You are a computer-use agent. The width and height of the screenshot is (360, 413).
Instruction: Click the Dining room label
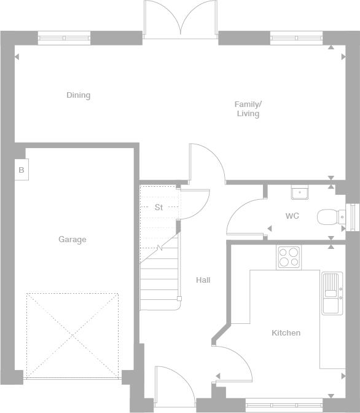(78, 95)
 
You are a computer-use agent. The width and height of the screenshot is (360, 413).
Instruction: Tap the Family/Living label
(248, 109)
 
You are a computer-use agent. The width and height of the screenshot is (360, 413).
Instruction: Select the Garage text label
(72, 240)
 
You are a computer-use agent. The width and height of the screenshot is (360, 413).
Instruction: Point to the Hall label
(203, 280)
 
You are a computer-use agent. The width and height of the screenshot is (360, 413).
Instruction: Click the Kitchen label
(286, 333)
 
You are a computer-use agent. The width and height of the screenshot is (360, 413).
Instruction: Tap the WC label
(292, 216)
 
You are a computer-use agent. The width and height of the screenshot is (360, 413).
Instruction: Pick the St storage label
(158, 207)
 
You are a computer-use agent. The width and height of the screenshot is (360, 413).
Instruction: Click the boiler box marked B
(22, 170)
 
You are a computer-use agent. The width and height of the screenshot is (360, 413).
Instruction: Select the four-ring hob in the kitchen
(289, 258)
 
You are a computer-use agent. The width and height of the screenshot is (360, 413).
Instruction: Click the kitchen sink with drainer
(332, 293)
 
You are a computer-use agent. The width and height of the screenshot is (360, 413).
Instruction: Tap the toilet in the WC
(331, 217)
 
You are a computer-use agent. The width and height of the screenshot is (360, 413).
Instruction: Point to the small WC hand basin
(300, 192)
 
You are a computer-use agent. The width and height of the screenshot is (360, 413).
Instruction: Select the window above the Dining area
(65, 38)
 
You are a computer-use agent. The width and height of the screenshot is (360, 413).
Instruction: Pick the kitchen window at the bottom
(284, 405)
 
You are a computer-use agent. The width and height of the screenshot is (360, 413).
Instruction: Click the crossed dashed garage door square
(72, 336)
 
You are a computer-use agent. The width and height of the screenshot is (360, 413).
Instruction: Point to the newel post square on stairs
(179, 299)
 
